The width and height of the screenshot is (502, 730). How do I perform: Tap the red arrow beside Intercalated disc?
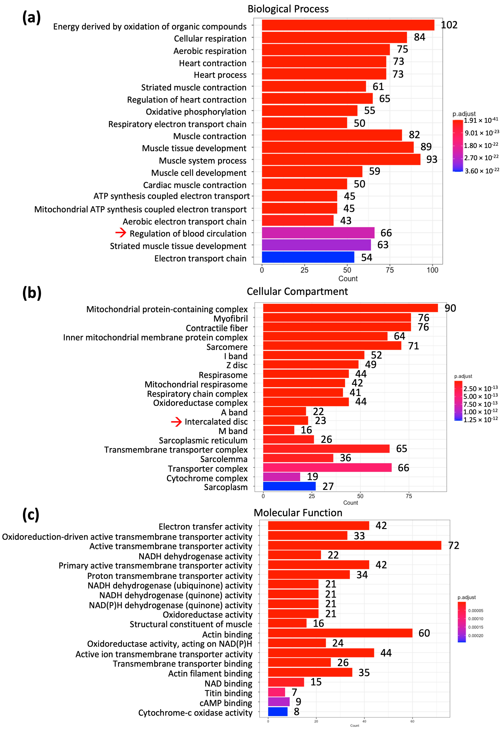176,421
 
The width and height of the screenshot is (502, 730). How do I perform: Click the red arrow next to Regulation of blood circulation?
121,233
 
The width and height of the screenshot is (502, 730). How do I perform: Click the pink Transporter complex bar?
327,467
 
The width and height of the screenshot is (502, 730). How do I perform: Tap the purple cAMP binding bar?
279,702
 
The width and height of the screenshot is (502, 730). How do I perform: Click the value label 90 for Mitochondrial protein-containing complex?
450,308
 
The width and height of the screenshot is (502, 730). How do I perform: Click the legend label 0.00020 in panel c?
476,636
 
